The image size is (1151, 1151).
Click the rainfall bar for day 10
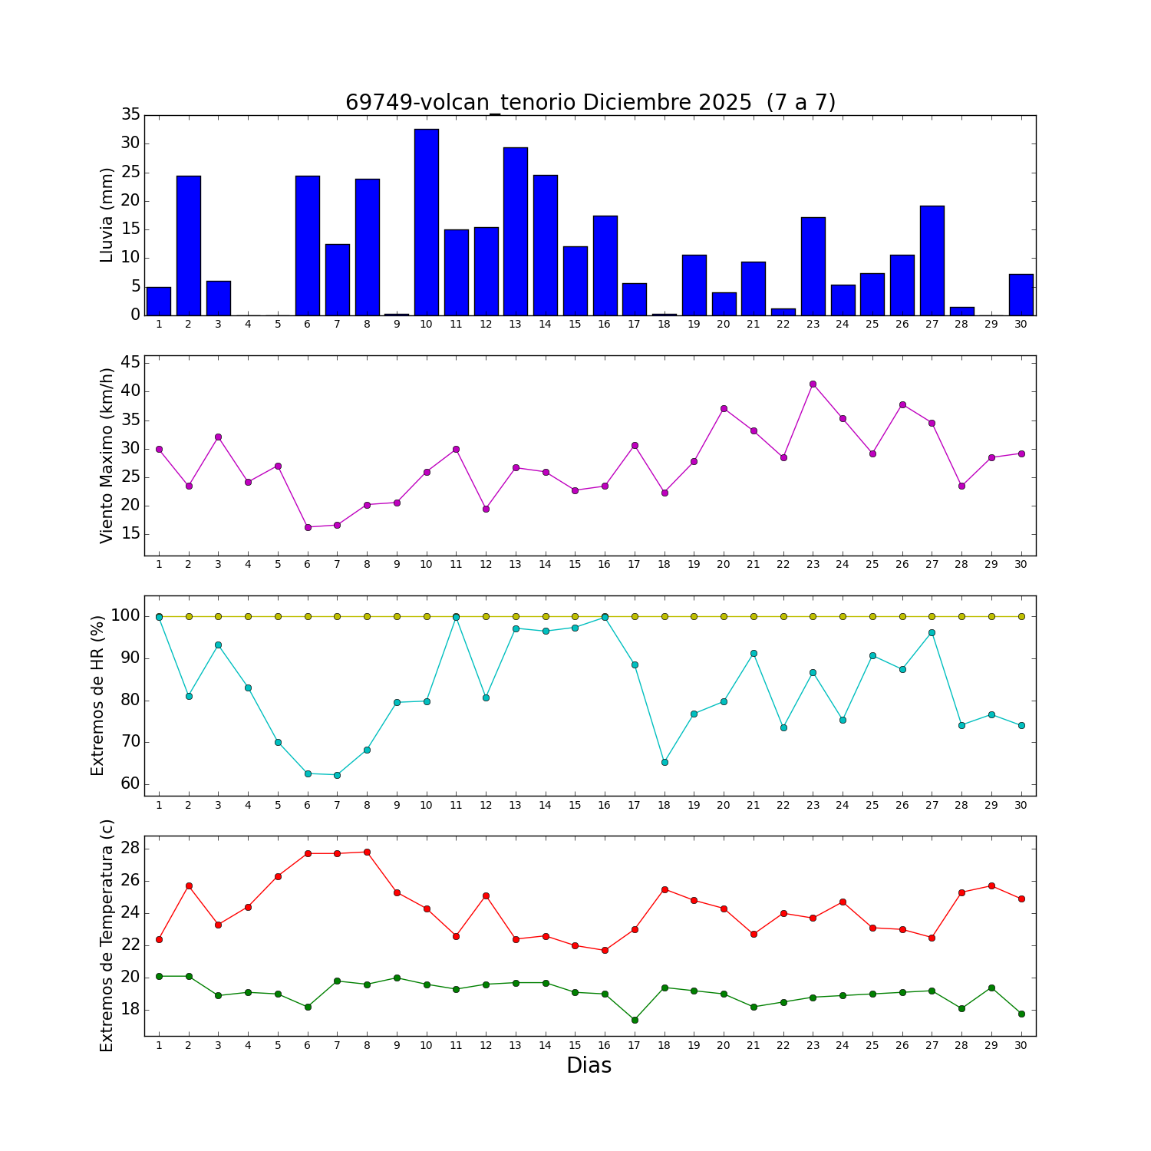click(427, 223)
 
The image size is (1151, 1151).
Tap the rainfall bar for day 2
click(189, 246)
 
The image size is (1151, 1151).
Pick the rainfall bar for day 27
click(932, 261)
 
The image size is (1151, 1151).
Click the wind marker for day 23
click(813, 384)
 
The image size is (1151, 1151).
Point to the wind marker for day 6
click(308, 527)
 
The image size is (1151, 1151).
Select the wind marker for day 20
click(724, 408)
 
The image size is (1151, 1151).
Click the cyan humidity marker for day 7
click(337, 775)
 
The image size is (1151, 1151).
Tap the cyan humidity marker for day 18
click(665, 762)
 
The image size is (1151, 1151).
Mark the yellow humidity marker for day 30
click(1021, 616)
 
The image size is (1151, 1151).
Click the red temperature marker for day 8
click(367, 852)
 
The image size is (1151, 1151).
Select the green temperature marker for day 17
click(635, 1020)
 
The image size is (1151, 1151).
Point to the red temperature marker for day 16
click(605, 950)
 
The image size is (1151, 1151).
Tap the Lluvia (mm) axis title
click(107, 215)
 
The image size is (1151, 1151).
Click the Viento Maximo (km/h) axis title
click(107, 455)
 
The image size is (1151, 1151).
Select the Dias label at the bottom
click(589, 1065)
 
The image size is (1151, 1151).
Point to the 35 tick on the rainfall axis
click(130, 114)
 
